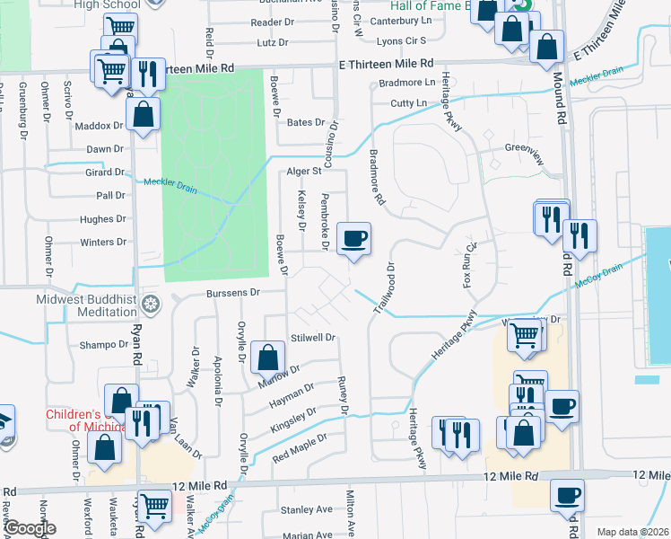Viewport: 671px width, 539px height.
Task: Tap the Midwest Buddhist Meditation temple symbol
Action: click(x=152, y=303)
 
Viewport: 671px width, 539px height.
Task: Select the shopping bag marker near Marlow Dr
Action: click(x=267, y=358)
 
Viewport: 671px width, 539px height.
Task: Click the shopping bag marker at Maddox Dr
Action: click(x=144, y=114)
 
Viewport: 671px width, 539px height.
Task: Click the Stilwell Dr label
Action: click(x=312, y=338)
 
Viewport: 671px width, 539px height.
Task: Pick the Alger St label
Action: click(x=303, y=171)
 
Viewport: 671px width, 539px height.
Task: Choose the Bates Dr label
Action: click(x=305, y=121)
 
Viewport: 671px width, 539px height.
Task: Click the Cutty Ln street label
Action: click(x=409, y=103)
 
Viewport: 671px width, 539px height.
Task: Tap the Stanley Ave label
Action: click(x=307, y=510)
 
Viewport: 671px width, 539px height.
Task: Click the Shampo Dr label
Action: click(x=104, y=344)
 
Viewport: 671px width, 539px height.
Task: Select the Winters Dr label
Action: click(x=103, y=243)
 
